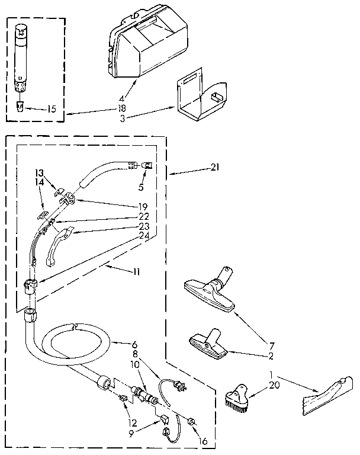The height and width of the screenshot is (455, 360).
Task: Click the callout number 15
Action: pos(52,109)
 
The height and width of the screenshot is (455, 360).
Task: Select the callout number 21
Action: pos(215,168)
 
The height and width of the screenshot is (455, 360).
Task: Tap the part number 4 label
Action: pos(122,98)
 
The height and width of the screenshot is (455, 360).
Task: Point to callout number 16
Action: pos(203,441)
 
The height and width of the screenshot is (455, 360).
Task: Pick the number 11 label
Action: pos(136,272)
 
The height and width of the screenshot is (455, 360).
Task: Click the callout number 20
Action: pos(274,385)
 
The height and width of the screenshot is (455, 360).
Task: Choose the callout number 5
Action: pos(141,187)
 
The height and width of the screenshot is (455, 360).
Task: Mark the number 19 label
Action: pos(143,207)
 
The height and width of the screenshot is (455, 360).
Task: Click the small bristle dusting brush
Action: pos(237,398)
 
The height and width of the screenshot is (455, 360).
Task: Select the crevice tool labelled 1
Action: pos(328,396)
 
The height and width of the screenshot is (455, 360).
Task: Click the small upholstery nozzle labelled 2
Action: pos(208,344)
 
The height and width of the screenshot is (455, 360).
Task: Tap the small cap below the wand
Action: pos(20,106)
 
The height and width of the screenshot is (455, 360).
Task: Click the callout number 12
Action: pos(132,422)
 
